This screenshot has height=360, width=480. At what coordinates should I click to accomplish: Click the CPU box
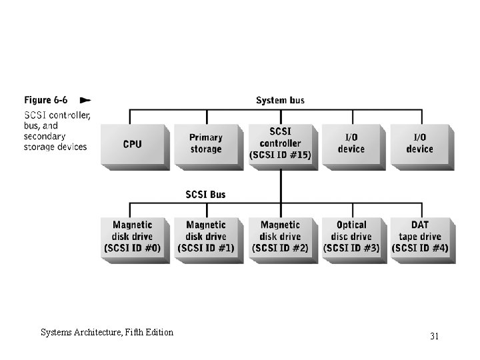pos(135,147)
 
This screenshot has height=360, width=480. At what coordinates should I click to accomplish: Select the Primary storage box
pos(209,147)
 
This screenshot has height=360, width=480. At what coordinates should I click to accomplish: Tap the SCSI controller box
pos(283,147)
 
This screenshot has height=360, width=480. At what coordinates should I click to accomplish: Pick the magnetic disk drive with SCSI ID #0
pos(135,240)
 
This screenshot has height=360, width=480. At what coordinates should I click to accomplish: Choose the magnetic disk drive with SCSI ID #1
pos(209,240)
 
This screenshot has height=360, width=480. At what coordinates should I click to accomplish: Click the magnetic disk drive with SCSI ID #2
pos(283,240)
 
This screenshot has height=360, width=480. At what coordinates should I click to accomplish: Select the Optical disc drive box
pos(354,240)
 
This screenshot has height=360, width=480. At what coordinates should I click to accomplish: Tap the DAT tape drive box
pos(423,240)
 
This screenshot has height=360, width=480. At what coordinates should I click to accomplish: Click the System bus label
pos(280,100)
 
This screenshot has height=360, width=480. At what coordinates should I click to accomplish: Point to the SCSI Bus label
pos(205,195)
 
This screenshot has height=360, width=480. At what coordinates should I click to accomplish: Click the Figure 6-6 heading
pos(45,100)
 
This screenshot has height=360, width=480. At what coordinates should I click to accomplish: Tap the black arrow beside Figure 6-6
pos(85,100)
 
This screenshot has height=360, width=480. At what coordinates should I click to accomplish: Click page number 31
pos(435,336)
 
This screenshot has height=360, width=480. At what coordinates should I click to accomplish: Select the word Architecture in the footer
pos(98,333)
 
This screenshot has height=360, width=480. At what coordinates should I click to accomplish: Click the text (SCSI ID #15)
pos(280,155)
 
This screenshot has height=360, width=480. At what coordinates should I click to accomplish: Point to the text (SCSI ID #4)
pos(420,248)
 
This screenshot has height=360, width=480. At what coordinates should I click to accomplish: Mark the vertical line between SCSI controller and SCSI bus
pos(281,186)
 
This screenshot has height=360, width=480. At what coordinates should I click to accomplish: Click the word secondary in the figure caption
pos(45,136)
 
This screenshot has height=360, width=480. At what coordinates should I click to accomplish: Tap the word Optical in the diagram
pos(351,225)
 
